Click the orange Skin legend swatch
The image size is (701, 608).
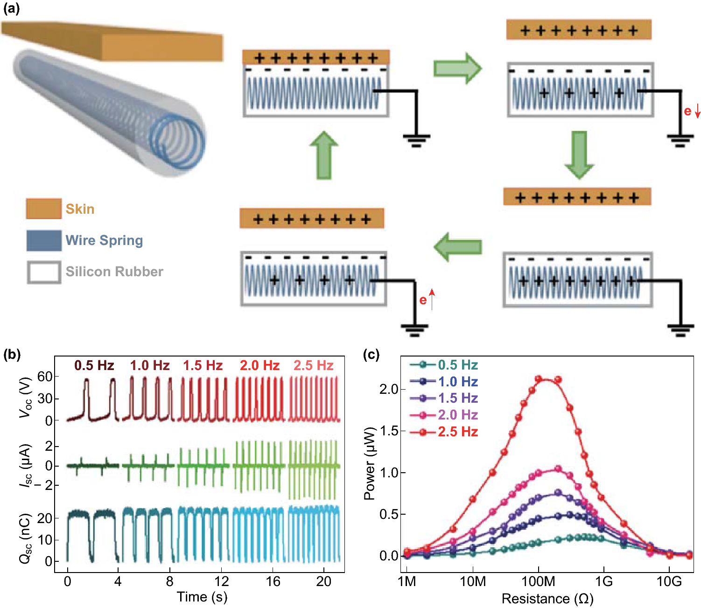pos(44,209)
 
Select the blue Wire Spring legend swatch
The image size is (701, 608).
pos(44,240)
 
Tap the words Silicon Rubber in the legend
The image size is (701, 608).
pos(114,272)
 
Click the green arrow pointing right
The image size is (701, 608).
pos(457,68)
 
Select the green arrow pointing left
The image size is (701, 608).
pos(457,247)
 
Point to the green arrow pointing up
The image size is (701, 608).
pos(323,155)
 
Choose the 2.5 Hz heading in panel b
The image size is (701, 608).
pos(313,365)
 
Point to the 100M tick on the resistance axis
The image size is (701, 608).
pos(538,581)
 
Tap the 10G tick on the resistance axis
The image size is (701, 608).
pos(669,581)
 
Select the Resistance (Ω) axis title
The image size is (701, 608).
pos(547,599)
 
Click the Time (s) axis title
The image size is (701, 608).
pos(202,597)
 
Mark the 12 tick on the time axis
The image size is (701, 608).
pos(221,581)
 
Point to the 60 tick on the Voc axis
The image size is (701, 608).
pos(44,377)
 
